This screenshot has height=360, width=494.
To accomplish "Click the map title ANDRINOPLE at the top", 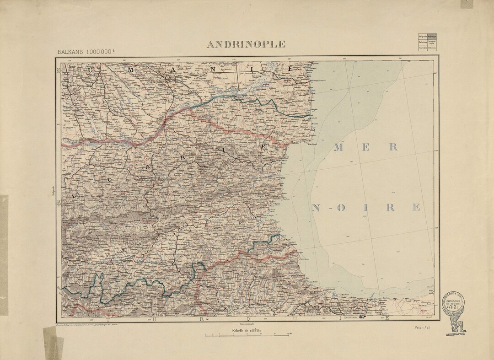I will [246, 44].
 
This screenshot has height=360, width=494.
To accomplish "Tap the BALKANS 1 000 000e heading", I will [86, 51].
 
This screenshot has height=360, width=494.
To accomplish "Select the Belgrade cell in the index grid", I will [422, 36].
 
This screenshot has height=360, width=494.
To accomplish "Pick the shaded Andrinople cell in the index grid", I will [432, 36].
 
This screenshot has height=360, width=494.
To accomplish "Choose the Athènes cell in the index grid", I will [432, 48].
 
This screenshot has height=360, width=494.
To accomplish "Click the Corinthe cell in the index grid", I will [422, 48].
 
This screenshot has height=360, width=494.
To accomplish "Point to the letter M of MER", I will [339, 147].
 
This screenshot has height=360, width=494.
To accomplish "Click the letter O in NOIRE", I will [339, 208].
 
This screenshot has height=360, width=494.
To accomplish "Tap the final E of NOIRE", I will [415, 207].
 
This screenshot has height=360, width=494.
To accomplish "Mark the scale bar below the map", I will [247, 336].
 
